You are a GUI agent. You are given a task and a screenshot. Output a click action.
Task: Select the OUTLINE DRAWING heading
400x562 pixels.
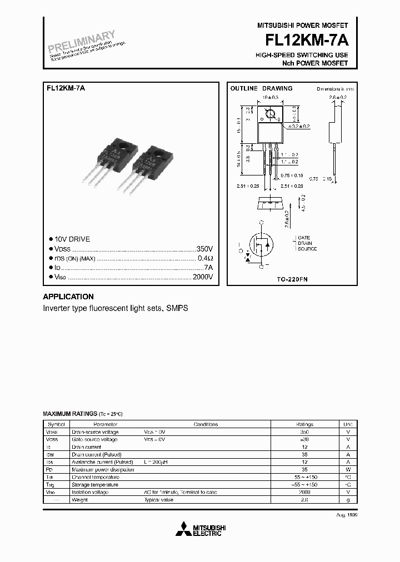coord(261,88)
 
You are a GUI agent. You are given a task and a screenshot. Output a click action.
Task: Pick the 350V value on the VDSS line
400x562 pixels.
coord(204,249)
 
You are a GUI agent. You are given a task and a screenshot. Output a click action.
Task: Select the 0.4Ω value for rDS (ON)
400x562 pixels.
coord(205,258)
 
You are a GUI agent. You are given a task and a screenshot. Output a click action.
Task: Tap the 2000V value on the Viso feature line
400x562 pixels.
coord(202,277)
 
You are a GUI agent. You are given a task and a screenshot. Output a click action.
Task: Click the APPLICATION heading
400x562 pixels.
coord(68,297)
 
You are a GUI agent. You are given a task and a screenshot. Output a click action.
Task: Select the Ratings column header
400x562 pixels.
coord(304,424)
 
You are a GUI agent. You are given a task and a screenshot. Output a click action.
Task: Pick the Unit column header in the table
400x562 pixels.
coord(348,424)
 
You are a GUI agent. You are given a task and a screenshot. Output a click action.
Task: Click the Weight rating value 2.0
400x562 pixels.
coord(304,500)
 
